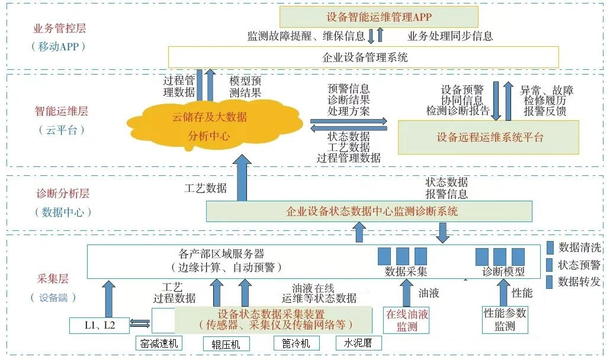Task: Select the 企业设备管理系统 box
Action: coord(364,57)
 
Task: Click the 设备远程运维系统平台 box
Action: coord(489,137)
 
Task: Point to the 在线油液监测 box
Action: coord(406,320)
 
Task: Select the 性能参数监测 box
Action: coord(505,320)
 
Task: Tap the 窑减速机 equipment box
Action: coord(159,344)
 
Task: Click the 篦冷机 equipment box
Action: coord(296,343)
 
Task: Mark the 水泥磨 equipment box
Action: coord(358,343)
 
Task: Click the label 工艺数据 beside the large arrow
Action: coord(206,188)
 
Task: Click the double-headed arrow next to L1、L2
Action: coord(140,323)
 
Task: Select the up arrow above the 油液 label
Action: coord(406,292)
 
